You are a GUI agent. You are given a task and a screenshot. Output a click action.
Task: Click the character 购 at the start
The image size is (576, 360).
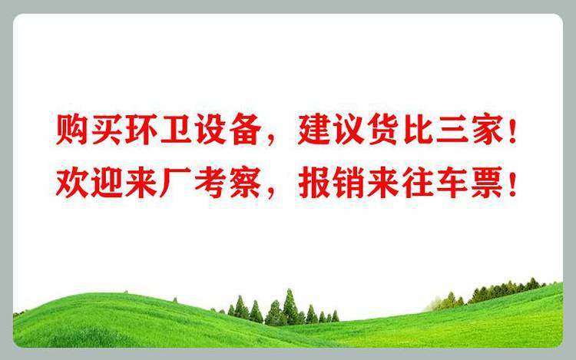pyautogui.click(x=71, y=130)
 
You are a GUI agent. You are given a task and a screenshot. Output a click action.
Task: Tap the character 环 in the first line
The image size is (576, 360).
pyautogui.click(x=140, y=130)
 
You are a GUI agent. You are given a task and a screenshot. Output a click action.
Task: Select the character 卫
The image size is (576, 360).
pyautogui.click(x=174, y=130)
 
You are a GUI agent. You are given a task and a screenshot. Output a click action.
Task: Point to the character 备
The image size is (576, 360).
pyautogui.click(x=243, y=130)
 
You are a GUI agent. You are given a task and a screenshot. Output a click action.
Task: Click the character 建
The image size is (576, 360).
pyautogui.click(x=313, y=130)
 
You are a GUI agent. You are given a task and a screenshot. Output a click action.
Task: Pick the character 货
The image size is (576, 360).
pyautogui.click(x=382, y=130)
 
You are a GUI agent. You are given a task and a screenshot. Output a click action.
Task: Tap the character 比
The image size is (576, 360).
pyautogui.click(x=417, y=130)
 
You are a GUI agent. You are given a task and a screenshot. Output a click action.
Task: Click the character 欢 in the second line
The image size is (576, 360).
pyautogui.click(x=71, y=183)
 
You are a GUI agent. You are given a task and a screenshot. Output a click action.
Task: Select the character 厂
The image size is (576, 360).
pyautogui.click(x=175, y=183)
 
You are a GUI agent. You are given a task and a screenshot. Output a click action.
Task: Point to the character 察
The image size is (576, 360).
pyautogui.click(x=243, y=183)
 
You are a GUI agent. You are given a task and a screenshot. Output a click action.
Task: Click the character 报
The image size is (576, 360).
pyautogui.click(x=313, y=183)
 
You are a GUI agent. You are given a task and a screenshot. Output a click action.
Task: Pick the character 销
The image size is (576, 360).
pyautogui.click(x=347, y=183)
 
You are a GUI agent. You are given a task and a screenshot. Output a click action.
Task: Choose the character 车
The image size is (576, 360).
pyautogui.click(x=452, y=183)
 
